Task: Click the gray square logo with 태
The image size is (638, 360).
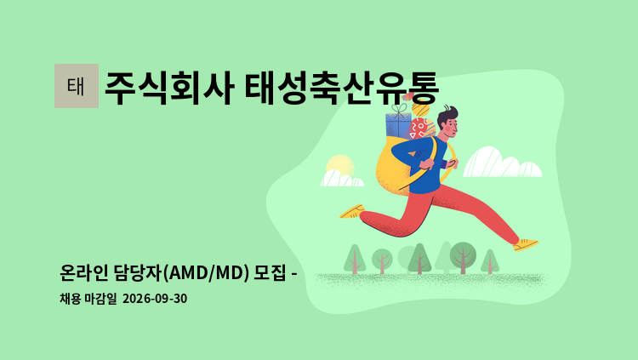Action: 77,86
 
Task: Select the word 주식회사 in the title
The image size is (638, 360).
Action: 169,89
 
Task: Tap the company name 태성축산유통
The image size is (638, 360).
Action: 341,89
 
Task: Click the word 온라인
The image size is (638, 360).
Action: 84,272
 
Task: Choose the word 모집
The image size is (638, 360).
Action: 270,272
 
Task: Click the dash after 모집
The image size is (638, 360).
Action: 293,274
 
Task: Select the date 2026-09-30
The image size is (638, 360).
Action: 155,299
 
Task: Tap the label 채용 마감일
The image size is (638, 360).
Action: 88,299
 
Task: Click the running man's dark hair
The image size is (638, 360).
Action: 447,115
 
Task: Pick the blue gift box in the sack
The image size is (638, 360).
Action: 398,125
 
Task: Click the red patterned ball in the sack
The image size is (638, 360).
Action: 419,129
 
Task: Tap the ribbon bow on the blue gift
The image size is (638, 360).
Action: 400,108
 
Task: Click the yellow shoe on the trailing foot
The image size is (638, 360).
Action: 352,212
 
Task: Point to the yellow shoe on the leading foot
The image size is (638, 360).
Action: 526,244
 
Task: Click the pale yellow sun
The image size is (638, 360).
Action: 340,166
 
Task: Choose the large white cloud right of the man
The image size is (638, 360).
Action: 502,162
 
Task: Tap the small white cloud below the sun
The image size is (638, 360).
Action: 342,179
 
